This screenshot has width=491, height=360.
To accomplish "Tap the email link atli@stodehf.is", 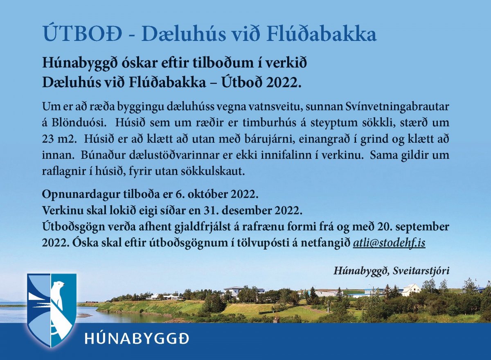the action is tap(389, 243).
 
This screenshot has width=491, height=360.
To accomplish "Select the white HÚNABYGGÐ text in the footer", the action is tap(137, 339).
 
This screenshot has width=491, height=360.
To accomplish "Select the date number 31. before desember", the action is tap(209, 211).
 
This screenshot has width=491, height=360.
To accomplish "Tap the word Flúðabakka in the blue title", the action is tap(321, 34).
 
